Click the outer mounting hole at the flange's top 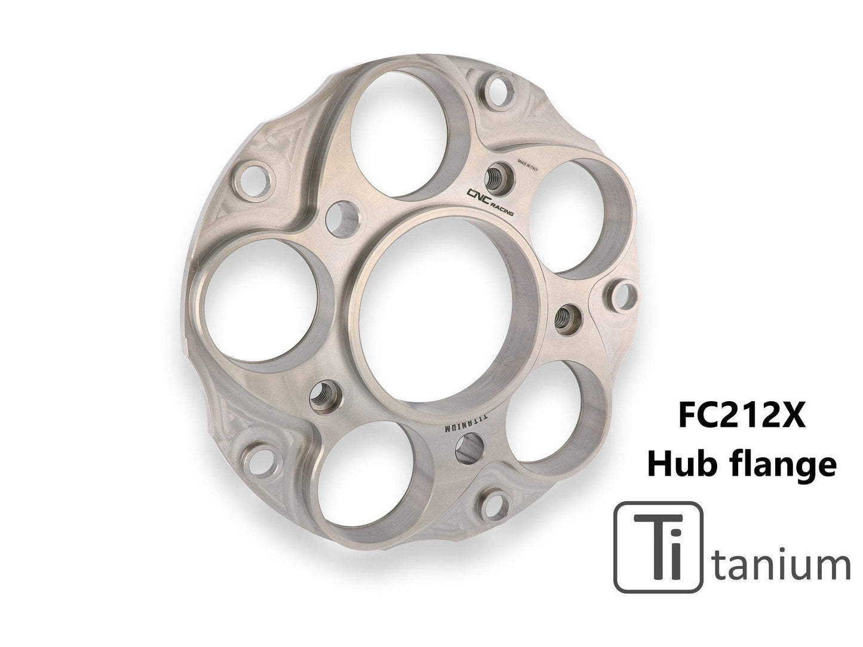497,90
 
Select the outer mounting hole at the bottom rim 493,504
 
